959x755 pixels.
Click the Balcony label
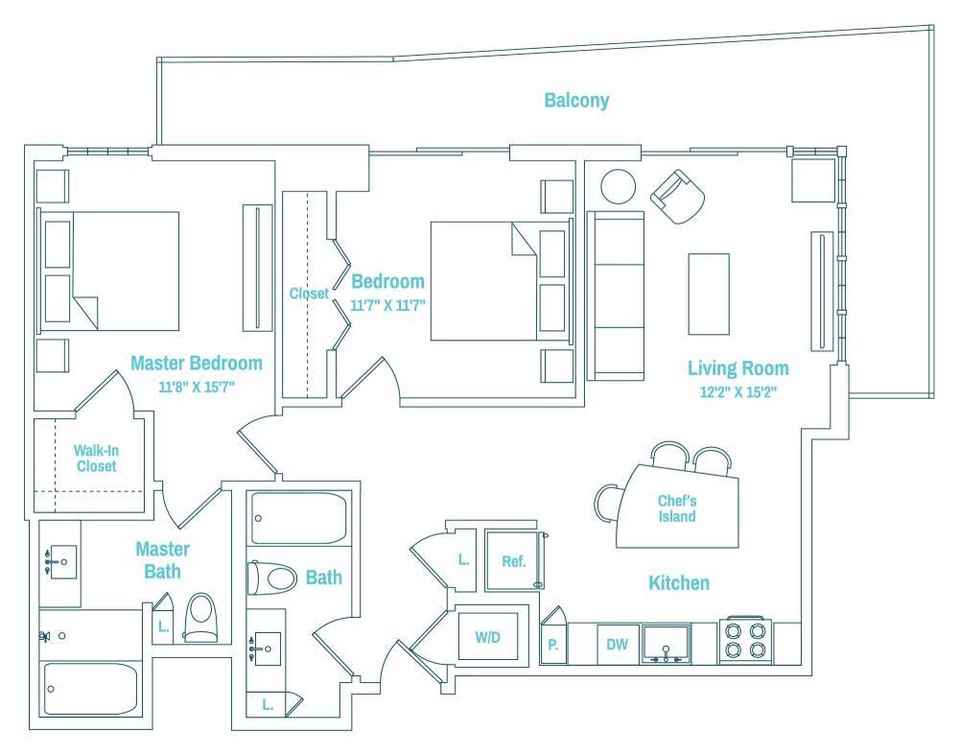576,100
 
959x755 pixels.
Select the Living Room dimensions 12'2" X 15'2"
737,390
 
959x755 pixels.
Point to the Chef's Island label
676,508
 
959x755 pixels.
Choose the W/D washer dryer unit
489,636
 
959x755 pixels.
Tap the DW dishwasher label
617,645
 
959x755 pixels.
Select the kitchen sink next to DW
667,644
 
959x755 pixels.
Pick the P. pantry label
552,645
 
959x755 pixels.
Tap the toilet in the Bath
272,578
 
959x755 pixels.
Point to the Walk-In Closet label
95,459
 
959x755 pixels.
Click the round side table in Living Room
618,185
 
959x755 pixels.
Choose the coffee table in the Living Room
709,294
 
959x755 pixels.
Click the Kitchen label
679,582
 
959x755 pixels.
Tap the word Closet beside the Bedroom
309,294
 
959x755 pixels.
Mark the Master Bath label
162,560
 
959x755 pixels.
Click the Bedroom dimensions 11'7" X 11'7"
388,304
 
